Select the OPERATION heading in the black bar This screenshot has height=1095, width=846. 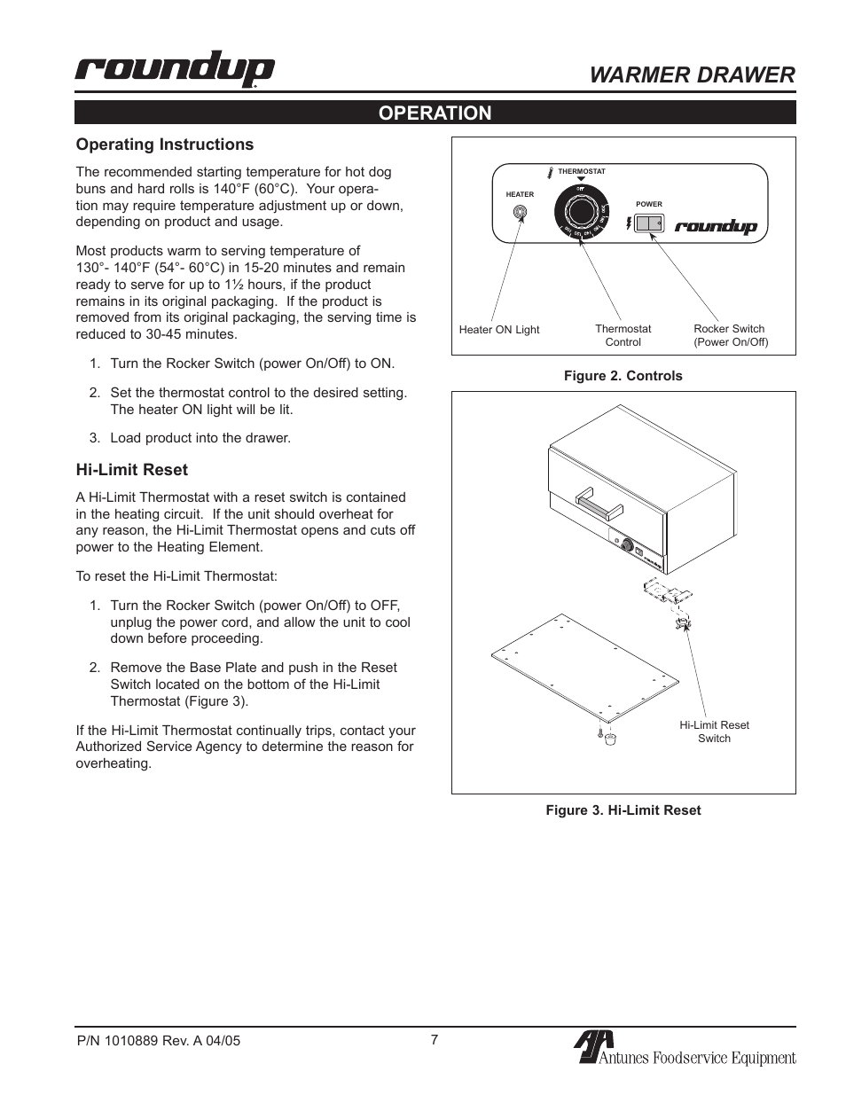tap(435, 113)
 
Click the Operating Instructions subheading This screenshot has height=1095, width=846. tap(164, 145)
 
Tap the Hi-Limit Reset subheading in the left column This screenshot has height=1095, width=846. tap(131, 470)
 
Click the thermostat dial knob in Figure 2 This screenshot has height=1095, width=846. tap(581, 214)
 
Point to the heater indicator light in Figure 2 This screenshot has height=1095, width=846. tap(521, 213)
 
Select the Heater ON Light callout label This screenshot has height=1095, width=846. tap(499, 330)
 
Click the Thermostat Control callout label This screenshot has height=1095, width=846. tap(623, 335)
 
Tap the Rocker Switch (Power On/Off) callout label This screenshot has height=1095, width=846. tap(730, 335)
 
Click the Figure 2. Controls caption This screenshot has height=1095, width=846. tap(623, 376)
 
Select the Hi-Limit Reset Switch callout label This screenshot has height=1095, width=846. tap(714, 731)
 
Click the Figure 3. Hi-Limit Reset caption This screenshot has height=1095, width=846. tap(623, 810)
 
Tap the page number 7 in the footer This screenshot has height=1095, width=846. tap(435, 1040)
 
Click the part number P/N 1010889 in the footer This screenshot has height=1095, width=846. tap(157, 1042)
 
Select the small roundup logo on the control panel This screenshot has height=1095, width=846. tap(716, 226)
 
